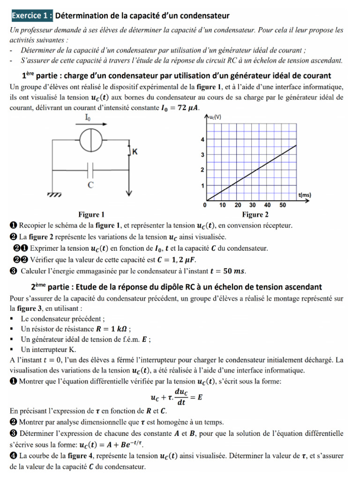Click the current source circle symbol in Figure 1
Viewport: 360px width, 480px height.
pyautogui.click(x=88, y=140)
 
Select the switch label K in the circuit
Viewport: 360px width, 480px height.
pyautogui.click(x=135, y=152)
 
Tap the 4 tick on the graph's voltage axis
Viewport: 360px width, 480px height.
pyautogui.click(x=202, y=140)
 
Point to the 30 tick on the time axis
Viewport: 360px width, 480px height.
pyautogui.click(x=252, y=205)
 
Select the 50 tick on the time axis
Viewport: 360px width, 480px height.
pyautogui.click(x=283, y=205)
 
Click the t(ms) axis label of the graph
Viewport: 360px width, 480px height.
pyautogui.click(x=305, y=195)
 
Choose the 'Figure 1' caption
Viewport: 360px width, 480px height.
pyautogui.click(x=91, y=215)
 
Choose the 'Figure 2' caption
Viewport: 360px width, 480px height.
pyautogui.click(x=255, y=215)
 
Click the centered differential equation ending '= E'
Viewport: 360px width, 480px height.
pyautogui.click(x=176, y=397)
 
